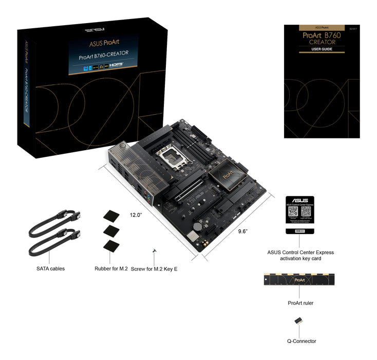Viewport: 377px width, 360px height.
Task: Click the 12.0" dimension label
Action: point(136,215)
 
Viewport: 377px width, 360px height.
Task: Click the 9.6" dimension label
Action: point(243,231)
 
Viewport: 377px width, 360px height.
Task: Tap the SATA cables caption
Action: point(50,268)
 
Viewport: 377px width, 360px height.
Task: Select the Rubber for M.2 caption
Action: point(111,268)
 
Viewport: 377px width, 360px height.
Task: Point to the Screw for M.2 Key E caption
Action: point(154,269)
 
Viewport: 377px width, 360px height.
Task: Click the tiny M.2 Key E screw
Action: point(154,251)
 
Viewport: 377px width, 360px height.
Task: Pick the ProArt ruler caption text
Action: point(300,303)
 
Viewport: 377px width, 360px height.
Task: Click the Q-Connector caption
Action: point(301,341)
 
